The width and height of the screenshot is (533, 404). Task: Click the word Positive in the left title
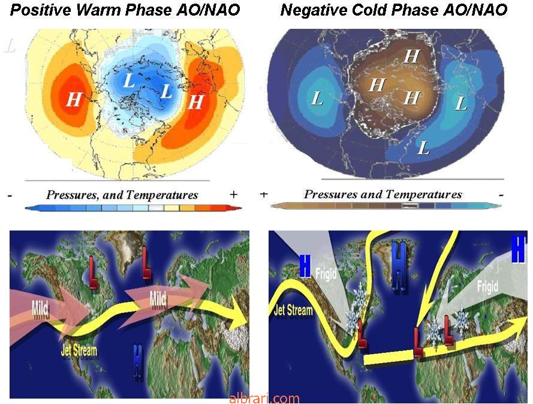[x=41, y=10]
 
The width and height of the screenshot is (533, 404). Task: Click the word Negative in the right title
[x=314, y=10]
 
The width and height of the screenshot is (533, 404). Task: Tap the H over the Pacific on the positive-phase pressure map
[x=74, y=100]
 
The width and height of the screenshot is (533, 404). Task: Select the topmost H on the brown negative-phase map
[x=412, y=56]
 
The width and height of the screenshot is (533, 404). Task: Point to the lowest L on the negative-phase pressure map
[x=423, y=148]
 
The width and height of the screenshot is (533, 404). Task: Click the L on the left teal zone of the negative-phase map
[x=317, y=98]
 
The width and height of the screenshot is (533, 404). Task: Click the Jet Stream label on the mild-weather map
[x=79, y=350]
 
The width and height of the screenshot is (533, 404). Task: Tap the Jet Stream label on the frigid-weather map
[x=293, y=310]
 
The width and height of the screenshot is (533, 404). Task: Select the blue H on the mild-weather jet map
[x=137, y=362]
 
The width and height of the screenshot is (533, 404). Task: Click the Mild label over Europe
[x=158, y=299]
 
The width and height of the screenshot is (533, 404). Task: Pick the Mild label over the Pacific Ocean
[x=40, y=308]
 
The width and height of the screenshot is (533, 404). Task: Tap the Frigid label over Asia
[x=487, y=286]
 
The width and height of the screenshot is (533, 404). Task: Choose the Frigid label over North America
[x=326, y=274]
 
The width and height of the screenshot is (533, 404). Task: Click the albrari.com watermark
[x=264, y=398]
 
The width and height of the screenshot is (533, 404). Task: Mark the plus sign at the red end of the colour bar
[x=233, y=194]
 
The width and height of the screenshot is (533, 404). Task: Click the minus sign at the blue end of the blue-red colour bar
[x=10, y=196]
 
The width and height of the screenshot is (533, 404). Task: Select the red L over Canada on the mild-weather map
[x=93, y=273]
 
